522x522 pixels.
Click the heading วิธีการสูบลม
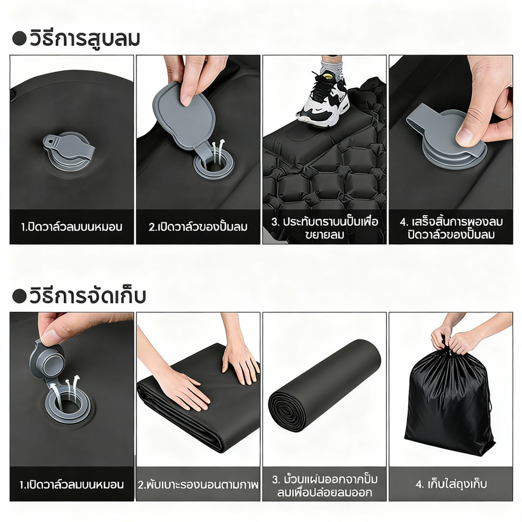tap(84, 38)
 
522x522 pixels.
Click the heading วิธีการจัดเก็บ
tap(88, 295)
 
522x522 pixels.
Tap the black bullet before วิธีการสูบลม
tap(19, 39)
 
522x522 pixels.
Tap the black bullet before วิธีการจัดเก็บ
tap(19, 296)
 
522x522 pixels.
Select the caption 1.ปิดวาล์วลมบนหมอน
tap(71, 227)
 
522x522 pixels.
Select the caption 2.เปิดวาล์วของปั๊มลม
tap(198, 227)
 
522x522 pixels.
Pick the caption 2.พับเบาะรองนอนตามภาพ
tap(198, 484)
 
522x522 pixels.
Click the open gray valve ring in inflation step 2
tap(214, 164)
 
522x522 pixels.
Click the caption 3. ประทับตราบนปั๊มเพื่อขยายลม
tap(325, 228)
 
